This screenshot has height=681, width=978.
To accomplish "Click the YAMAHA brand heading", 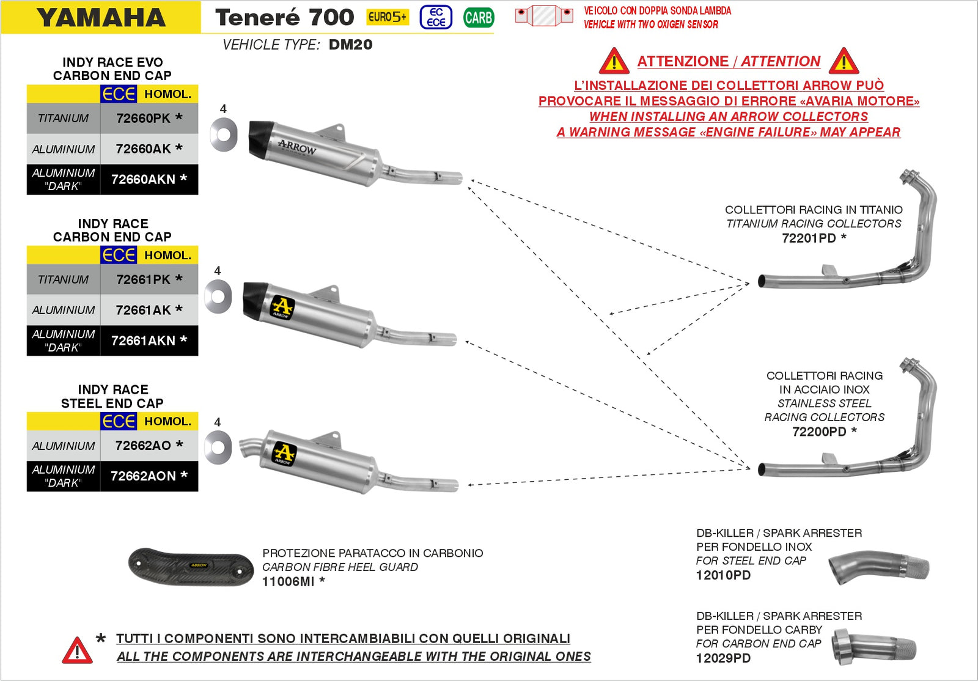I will pyautogui.click(x=101, y=18).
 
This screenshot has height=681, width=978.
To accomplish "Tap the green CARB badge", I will pyautogui.click(x=478, y=18).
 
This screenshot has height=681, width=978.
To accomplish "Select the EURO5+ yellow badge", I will pyautogui.click(x=387, y=17).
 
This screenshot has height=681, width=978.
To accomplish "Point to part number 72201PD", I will pyautogui.click(x=808, y=238).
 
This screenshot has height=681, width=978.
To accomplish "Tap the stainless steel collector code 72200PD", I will pyautogui.click(x=818, y=432).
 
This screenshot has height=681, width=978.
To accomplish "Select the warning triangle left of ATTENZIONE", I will pyautogui.click(x=614, y=62).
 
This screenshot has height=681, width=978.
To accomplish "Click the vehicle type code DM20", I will pyautogui.click(x=350, y=45).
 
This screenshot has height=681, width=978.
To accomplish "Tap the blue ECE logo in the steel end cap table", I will pyautogui.click(x=119, y=421).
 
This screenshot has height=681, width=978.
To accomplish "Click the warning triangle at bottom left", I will pyautogui.click(x=77, y=650).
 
